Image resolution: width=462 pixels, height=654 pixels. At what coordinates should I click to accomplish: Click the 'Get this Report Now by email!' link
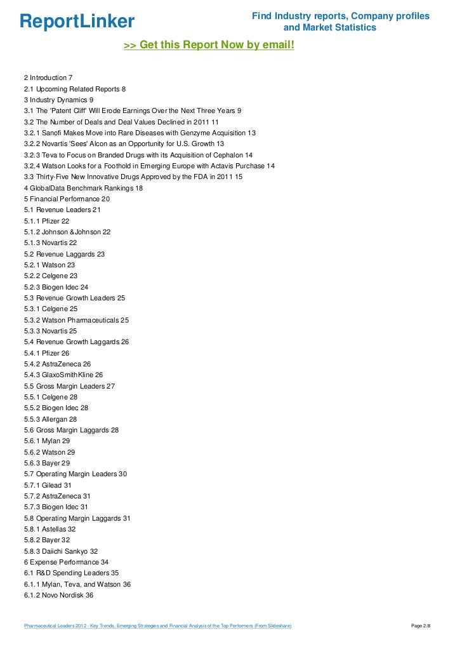pos(209,46)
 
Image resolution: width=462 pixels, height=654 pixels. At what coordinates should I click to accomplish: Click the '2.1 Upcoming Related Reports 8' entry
pos(79,89)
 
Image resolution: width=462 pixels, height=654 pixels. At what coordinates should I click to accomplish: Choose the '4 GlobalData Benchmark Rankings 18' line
pos(83,188)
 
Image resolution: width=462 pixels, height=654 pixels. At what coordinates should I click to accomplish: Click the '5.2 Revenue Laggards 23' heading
pos(64,254)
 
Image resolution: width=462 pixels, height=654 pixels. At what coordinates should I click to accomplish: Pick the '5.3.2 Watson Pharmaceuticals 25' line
pos(76,320)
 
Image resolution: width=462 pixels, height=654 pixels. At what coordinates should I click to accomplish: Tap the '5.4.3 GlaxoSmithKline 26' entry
pos(63,375)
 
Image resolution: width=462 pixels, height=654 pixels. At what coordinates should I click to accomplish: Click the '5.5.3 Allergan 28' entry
pos(51,419)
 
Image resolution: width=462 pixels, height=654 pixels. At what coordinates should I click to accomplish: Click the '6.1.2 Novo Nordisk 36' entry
pos(58,595)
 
